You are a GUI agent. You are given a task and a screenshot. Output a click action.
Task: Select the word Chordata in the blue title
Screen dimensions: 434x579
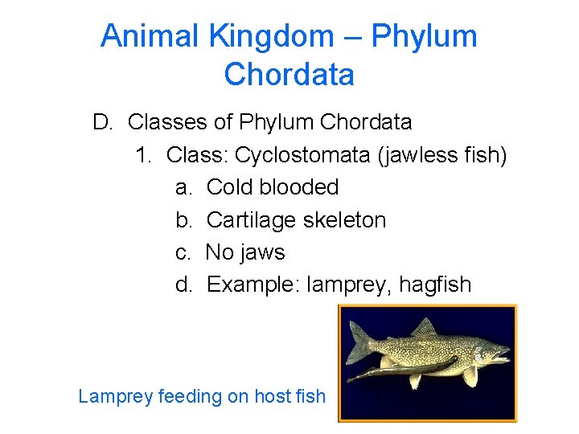pos(289,75)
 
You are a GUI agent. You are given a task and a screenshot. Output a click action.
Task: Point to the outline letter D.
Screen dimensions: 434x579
pos(102,122)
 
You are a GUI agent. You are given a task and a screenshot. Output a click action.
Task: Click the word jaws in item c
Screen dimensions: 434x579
pos(263,252)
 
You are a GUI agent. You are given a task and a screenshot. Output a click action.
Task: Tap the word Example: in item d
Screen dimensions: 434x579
pos(253,285)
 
